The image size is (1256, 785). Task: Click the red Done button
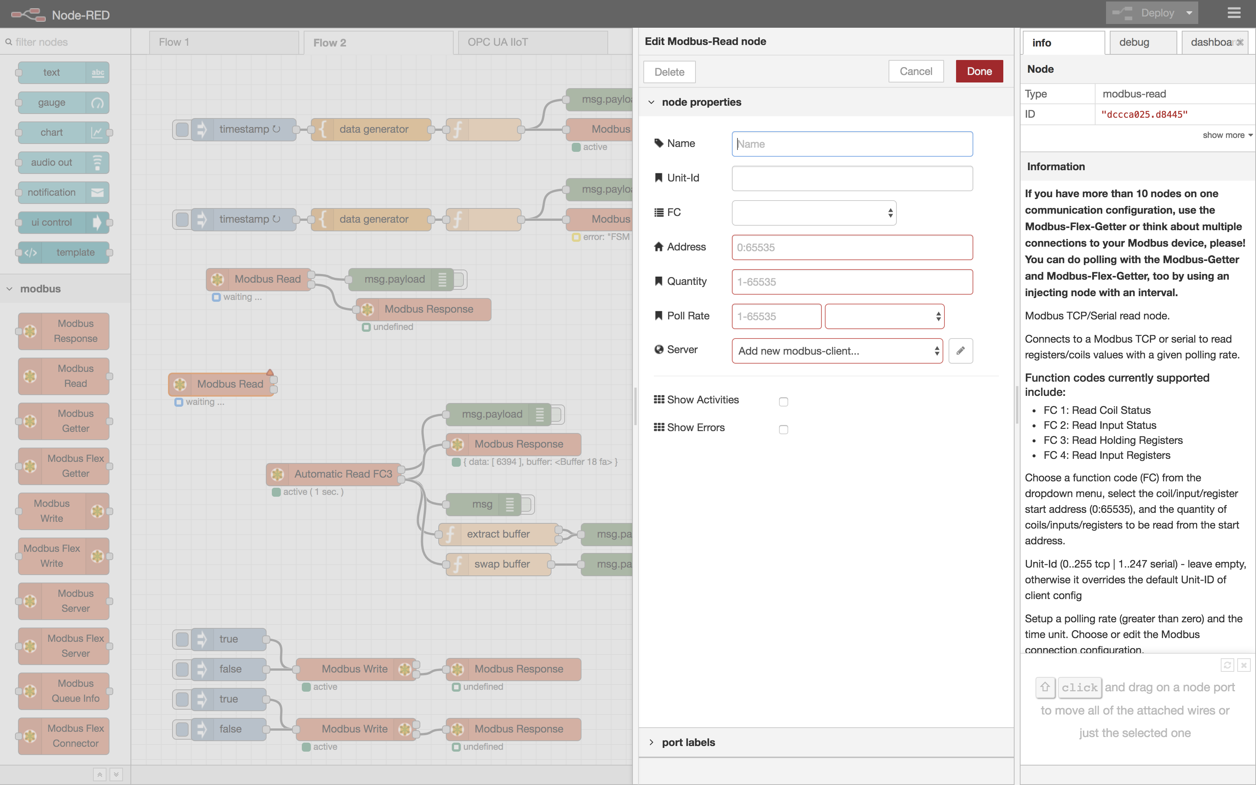(979, 72)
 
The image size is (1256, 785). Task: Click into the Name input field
(851, 144)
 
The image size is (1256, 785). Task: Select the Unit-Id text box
(851, 178)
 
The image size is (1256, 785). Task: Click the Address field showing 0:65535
(851, 247)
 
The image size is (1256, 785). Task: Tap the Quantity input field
(851, 282)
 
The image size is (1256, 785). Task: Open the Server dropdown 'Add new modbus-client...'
(837, 351)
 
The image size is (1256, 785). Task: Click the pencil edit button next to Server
(960, 351)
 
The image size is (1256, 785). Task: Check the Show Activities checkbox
(783, 402)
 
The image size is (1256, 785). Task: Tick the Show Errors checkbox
(783, 429)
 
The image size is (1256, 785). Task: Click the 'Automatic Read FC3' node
(343, 474)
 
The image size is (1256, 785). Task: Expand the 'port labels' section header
(688, 742)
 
